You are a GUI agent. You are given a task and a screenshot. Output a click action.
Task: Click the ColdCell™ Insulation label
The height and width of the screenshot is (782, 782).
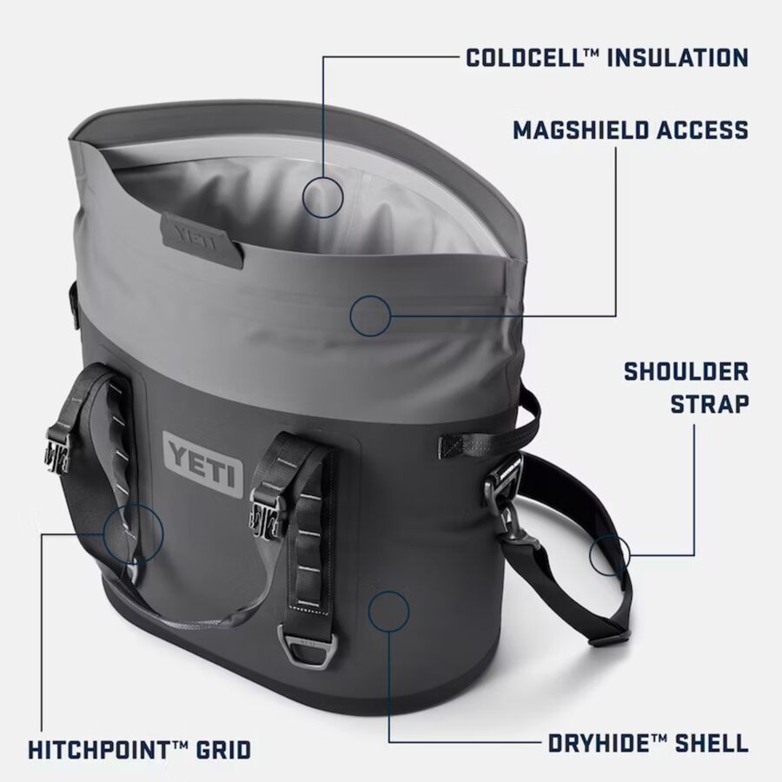pyautogui.click(x=607, y=57)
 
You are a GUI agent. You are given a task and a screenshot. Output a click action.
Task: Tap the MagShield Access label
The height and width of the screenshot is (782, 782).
pyautogui.click(x=631, y=130)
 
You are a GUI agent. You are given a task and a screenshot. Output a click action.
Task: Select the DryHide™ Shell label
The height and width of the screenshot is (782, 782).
pyautogui.click(x=648, y=743)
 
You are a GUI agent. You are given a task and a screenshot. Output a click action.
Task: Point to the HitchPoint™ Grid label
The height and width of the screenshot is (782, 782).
pyautogui.click(x=139, y=750)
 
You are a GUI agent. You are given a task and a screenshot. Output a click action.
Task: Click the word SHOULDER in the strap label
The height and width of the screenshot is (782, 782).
pyautogui.click(x=686, y=372)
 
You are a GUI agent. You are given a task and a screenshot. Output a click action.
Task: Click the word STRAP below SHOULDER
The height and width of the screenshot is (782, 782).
pyautogui.click(x=709, y=404)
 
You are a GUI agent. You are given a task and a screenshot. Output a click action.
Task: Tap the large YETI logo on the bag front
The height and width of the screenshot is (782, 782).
pyautogui.click(x=203, y=465)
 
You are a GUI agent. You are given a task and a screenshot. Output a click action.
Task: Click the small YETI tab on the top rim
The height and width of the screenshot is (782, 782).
pyautogui.click(x=202, y=241)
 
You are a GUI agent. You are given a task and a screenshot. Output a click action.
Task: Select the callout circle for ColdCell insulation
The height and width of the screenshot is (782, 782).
pyautogui.click(x=322, y=197)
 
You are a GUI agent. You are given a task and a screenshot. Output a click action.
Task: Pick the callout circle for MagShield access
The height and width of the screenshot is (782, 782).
pyautogui.click(x=370, y=315)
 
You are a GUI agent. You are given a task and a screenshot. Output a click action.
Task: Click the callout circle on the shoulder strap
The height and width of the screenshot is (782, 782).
pyautogui.click(x=609, y=554)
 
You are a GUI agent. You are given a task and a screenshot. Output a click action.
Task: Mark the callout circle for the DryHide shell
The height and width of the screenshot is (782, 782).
pyautogui.click(x=388, y=612)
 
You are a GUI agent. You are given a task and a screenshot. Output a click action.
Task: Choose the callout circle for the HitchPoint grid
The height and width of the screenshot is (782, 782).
pyautogui.click(x=133, y=533)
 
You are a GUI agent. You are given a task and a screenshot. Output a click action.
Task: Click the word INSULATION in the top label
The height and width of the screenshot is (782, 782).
pyautogui.click(x=678, y=57)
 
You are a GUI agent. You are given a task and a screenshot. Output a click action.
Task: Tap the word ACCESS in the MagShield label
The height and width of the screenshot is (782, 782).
pyautogui.click(x=702, y=130)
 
